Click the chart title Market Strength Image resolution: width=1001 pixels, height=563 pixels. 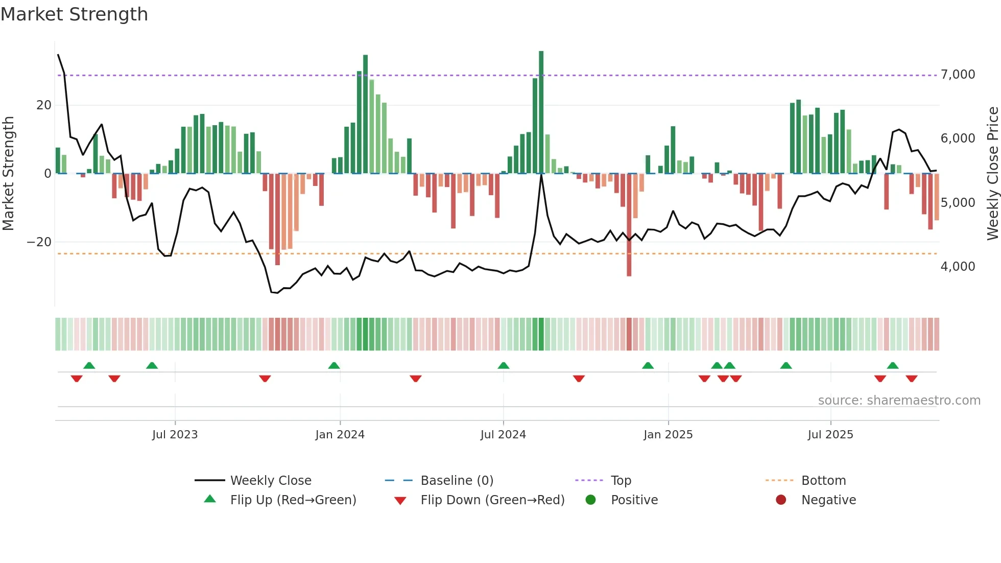coord(74,14)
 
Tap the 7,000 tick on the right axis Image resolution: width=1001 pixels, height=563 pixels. coord(958,75)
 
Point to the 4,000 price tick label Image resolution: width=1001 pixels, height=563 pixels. coord(958,267)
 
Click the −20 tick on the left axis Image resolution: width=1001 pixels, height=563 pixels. coord(39,242)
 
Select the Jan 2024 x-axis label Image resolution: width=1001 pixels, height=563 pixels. coord(340,435)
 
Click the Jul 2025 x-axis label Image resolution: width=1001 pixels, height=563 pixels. coord(830,435)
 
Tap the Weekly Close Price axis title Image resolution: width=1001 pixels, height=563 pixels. coord(992,174)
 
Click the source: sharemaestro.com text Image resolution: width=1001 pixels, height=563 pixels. coord(899,401)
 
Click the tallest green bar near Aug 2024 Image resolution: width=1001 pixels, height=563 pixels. coord(541,112)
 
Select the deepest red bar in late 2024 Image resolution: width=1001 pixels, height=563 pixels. coord(629,225)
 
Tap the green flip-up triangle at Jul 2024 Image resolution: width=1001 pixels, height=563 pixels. coord(503,366)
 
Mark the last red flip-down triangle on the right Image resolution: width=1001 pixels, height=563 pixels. coord(912,379)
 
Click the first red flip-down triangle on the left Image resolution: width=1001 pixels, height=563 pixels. coord(77,379)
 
